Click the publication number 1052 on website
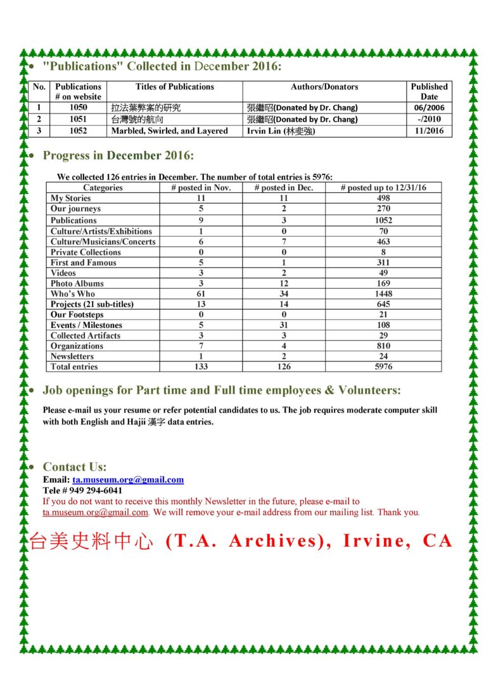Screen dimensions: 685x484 (78, 131)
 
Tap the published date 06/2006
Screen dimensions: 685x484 (429, 108)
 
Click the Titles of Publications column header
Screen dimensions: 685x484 (174, 87)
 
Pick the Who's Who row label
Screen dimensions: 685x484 (73, 294)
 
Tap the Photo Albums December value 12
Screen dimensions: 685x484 (283, 284)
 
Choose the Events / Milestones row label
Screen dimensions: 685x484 (87, 325)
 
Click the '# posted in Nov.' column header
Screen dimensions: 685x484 (201, 188)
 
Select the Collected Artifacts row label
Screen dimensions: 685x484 (86, 336)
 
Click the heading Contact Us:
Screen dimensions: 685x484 (75, 467)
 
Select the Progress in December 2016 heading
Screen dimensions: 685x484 (118, 155)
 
